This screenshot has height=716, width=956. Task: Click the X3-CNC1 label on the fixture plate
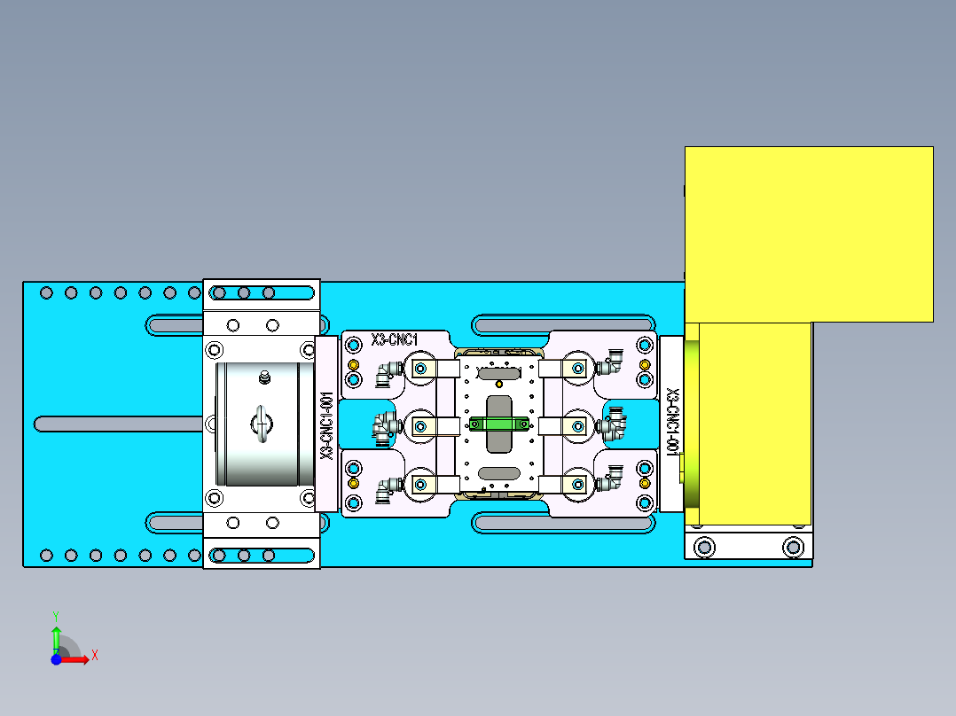click(396, 339)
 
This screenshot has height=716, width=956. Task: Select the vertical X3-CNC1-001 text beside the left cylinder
click(326, 425)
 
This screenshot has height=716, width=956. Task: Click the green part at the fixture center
click(498, 424)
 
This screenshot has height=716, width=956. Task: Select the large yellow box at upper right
click(808, 233)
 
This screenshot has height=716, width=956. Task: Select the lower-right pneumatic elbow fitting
click(613, 483)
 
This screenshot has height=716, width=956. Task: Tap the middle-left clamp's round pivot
click(419, 426)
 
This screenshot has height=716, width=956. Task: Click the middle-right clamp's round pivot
click(577, 426)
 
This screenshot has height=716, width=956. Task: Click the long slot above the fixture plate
click(566, 325)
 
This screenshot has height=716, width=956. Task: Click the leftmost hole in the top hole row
click(47, 292)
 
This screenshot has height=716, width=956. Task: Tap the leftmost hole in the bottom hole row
click(47, 556)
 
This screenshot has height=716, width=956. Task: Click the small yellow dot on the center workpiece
click(499, 384)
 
